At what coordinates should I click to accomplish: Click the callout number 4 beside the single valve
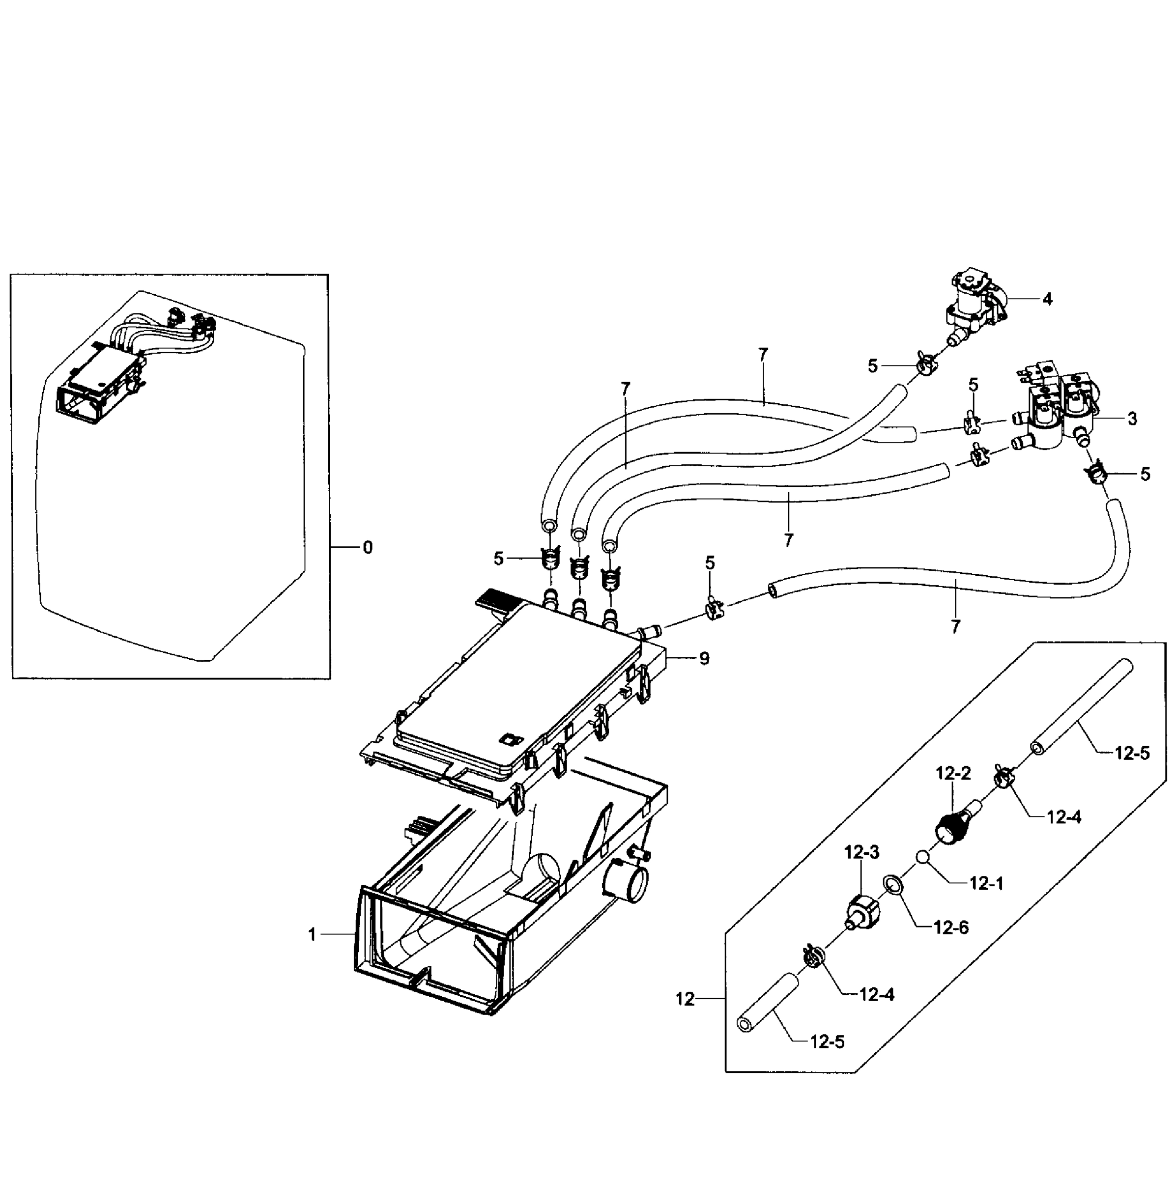pyautogui.click(x=1047, y=300)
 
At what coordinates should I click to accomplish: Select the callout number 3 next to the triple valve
pyautogui.click(x=1132, y=419)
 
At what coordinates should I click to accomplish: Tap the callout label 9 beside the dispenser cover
pyautogui.click(x=704, y=659)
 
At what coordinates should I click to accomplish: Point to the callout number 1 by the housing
pyautogui.click(x=312, y=935)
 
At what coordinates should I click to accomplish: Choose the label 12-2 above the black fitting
pyautogui.click(x=953, y=774)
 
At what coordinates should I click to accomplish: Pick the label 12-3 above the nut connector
pyautogui.click(x=861, y=852)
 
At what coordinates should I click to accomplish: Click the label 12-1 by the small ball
pyautogui.click(x=986, y=883)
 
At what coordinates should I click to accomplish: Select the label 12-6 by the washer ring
pyautogui.click(x=951, y=927)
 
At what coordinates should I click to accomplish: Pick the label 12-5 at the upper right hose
pyautogui.click(x=1132, y=754)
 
